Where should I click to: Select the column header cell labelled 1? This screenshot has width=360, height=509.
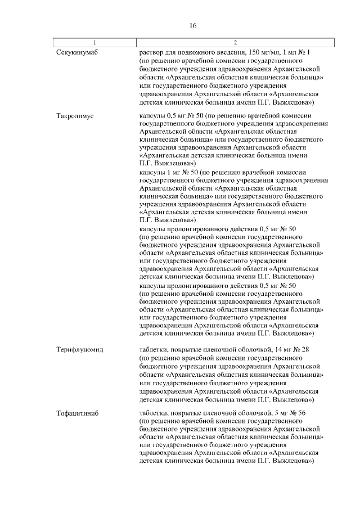pos(94,43)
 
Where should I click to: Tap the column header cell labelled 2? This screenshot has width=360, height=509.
pos(235,43)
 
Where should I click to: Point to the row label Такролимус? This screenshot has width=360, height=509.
pos(75,115)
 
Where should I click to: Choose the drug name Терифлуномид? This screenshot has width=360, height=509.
pos(79,350)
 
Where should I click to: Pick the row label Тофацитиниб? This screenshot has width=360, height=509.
pos(78,413)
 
